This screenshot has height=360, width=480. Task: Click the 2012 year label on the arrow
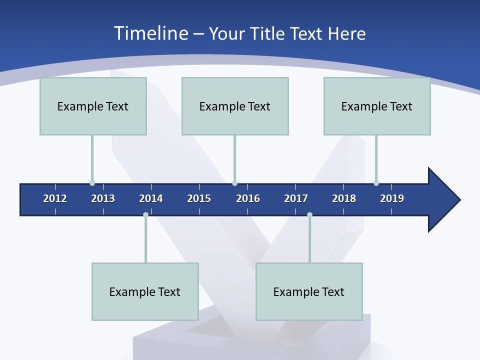click(x=55, y=198)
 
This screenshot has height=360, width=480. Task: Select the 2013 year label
click(x=103, y=198)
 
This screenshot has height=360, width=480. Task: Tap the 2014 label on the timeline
click(x=151, y=198)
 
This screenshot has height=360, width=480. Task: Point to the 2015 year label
click(x=199, y=198)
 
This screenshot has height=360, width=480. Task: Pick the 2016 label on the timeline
click(x=248, y=198)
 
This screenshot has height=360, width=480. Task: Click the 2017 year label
click(x=296, y=198)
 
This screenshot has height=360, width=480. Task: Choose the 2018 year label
click(x=344, y=198)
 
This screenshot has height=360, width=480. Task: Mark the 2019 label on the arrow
click(x=392, y=198)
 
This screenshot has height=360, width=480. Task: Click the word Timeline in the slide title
click(x=150, y=33)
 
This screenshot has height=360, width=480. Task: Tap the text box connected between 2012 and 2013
click(x=93, y=106)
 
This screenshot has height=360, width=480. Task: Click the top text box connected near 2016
click(x=235, y=106)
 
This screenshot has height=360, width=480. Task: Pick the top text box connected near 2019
click(x=377, y=106)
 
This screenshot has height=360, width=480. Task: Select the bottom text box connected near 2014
click(x=145, y=291)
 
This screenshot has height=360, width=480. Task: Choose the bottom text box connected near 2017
click(x=309, y=291)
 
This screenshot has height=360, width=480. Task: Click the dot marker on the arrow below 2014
click(x=145, y=214)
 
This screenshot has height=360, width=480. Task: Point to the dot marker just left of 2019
click(x=376, y=183)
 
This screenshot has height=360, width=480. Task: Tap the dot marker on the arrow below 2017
click(x=309, y=214)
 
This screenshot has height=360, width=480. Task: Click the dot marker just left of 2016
click(x=234, y=183)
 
